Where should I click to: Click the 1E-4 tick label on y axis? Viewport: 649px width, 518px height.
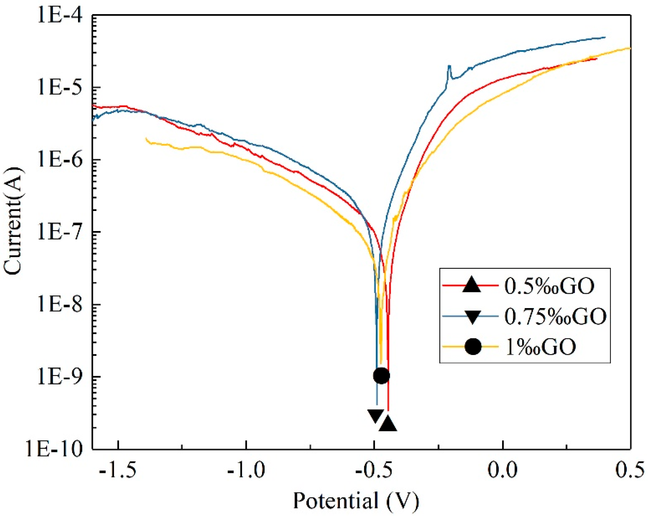point(59,16)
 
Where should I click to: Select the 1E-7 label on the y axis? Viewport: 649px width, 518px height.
point(59,233)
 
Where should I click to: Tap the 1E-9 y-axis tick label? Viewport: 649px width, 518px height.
point(59,377)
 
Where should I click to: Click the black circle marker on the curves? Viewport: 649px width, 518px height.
point(381,375)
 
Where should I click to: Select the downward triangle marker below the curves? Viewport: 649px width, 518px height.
point(376,416)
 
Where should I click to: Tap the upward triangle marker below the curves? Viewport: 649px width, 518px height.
point(388,424)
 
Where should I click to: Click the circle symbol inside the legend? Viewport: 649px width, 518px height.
point(473,347)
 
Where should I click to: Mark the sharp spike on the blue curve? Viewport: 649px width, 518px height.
point(449,67)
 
